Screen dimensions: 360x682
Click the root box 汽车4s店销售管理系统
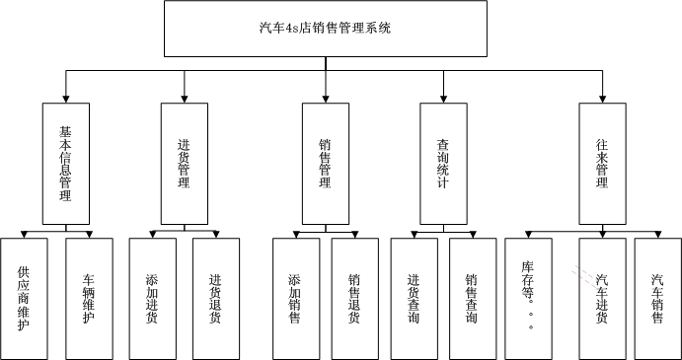point(325,28)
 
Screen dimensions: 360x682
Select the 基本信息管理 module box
point(66,163)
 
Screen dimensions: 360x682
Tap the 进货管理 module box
point(185,163)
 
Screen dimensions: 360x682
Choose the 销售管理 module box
point(325,163)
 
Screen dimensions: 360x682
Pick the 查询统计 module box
point(444,163)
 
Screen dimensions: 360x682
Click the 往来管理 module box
point(603,163)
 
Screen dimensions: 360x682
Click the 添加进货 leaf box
point(152,296)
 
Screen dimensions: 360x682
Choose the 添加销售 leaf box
point(295,296)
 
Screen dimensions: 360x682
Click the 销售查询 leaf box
point(473,296)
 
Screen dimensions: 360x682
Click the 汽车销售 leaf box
point(657,296)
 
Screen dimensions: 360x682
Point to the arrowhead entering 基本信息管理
point(66,98)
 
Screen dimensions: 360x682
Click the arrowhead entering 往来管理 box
point(603,98)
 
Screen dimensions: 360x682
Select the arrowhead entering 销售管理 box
point(325,98)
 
